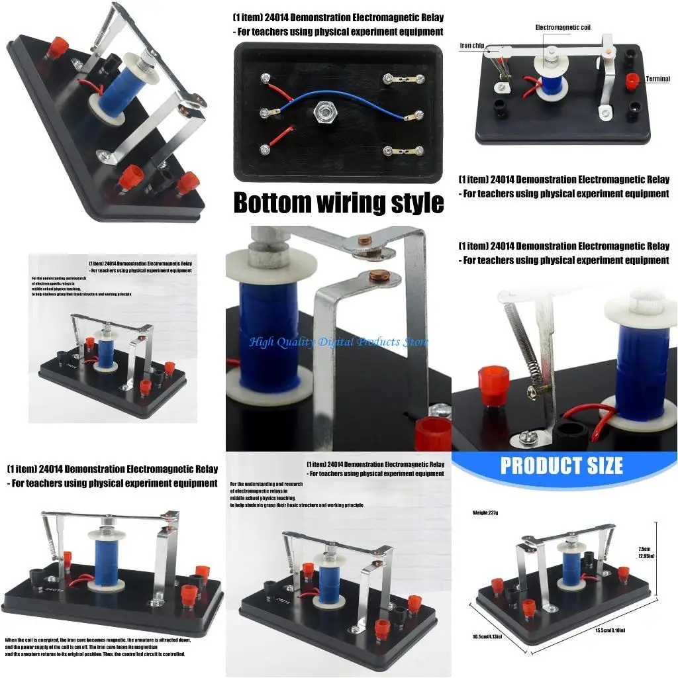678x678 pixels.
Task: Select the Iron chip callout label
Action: tap(472, 46)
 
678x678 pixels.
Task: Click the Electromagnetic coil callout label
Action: tap(563, 28)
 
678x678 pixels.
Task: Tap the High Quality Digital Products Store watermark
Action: tap(338, 342)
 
